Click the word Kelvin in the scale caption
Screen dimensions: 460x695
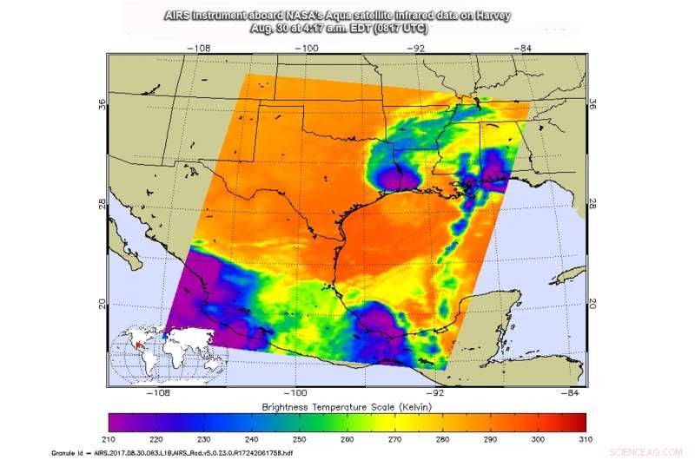coord(412,406)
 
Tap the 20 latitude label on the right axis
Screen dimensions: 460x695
coord(595,305)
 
